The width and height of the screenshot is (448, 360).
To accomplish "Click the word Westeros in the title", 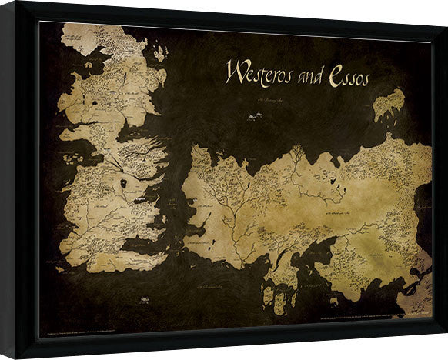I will (256, 74).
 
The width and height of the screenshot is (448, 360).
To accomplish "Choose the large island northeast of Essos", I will (389, 105).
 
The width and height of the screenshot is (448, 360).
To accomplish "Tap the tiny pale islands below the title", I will (252, 115).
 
